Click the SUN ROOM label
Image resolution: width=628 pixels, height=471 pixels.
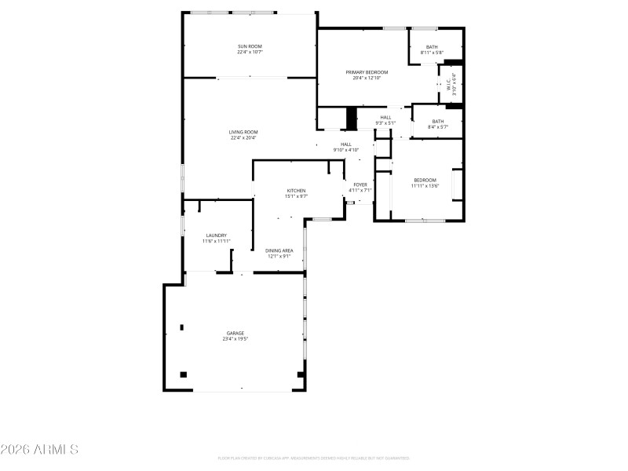point(250,47)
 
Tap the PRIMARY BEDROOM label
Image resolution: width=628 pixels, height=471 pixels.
point(367,72)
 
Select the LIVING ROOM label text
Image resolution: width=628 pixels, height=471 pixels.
point(243,132)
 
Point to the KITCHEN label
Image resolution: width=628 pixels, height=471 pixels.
point(295,191)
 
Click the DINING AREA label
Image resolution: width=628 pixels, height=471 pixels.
point(279,250)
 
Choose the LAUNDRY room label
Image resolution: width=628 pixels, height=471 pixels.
point(216,235)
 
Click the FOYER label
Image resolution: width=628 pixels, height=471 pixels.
point(360,184)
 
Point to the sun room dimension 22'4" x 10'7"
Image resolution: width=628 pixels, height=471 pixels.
point(250,53)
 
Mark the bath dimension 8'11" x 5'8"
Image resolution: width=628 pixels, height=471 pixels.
point(432,53)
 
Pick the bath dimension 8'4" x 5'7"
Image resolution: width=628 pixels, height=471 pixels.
point(437,127)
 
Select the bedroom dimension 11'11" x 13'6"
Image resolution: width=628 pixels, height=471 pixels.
point(425,186)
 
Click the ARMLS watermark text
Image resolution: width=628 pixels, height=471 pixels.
point(39,450)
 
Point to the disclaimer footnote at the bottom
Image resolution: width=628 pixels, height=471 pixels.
point(314,458)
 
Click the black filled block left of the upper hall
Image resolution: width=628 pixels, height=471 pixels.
point(352,118)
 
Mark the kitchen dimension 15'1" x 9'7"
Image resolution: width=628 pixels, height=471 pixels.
point(295,196)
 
